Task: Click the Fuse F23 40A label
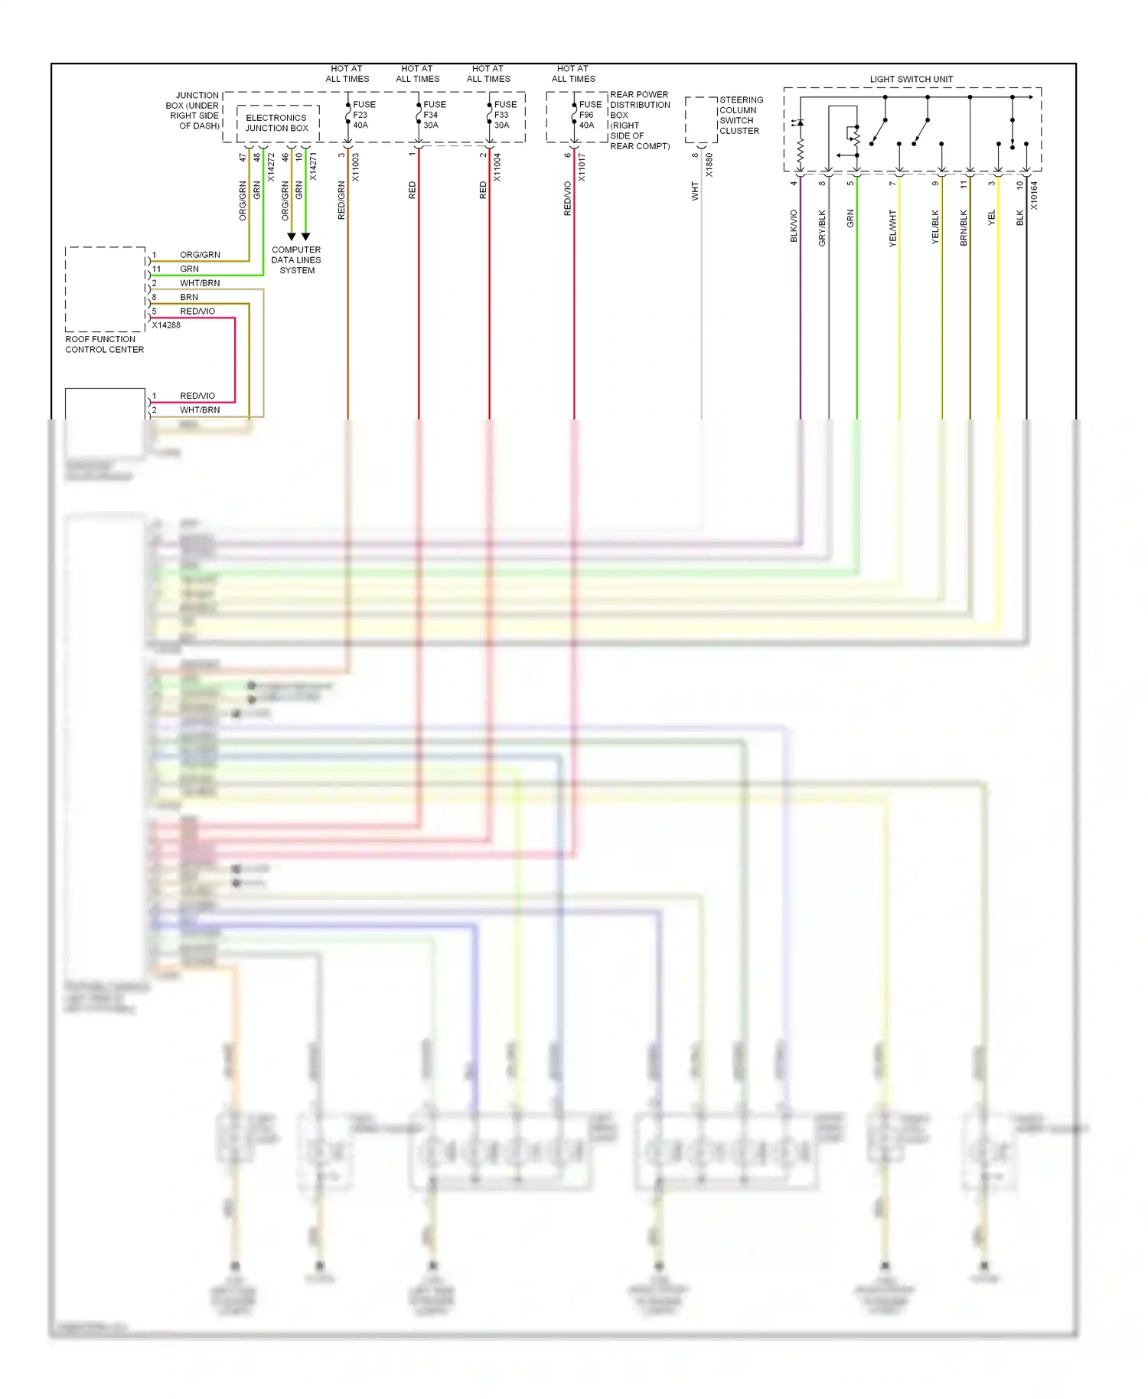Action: click(x=363, y=115)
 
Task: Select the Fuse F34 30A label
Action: click(x=434, y=115)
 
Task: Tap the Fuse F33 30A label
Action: click(x=504, y=115)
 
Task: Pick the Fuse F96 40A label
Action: click(x=589, y=115)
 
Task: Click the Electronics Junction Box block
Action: click(x=277, y=123)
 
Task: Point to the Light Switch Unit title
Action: click(x=911, y=79)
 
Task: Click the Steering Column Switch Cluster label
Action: click(x=740, y=116)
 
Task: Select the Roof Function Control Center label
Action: click(x=104, y=344)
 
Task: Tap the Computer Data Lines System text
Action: click(x=296, y=260)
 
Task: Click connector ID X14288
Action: click(x=166, y=325)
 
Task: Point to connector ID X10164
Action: click(x=1034, y=195)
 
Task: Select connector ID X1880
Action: click(x=709, y=165)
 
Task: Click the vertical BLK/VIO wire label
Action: click(x=794, y=226)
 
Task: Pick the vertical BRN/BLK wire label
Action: click(x=964, y=227)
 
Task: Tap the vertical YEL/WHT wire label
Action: click(x=892, y=227)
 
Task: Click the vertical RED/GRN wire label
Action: click(x=341, y=201)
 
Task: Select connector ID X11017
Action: click(x=581, y=167)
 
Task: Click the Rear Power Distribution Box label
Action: click(x=639, y=120)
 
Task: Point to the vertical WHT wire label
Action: click(x=695, y=191)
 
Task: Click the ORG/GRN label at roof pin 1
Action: click(x=200, y=255)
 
